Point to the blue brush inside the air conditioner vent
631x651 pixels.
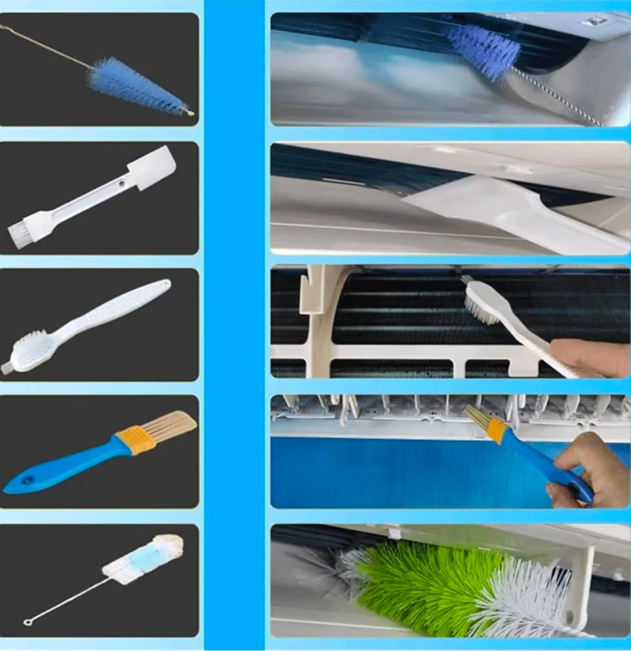click(485, 53)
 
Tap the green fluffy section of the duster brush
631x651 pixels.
click(424, 578)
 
